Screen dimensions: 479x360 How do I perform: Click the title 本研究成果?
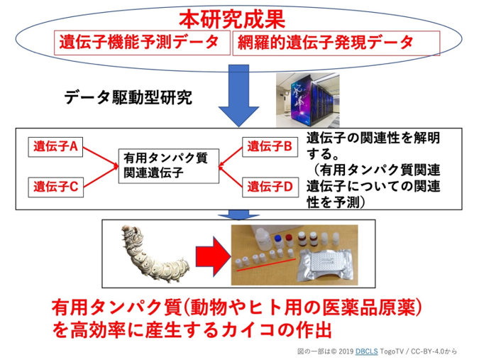click(232, 20)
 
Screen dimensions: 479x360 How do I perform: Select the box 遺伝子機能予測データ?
click(142, 43)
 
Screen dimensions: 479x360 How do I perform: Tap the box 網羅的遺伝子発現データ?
click(336, 43)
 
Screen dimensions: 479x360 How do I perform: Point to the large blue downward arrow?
click(238, 96)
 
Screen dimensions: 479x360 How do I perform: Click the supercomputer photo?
click(307, 100)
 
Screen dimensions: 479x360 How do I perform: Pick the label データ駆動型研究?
click(128, 98)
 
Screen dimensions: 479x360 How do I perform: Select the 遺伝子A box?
click(55, 147)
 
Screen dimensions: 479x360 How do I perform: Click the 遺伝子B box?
click(270, 147)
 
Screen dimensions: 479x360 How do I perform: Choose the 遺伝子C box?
click(55, 187)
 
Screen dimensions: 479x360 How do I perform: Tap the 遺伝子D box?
click(270, 187)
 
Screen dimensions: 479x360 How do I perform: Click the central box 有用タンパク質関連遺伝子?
click(169, 166)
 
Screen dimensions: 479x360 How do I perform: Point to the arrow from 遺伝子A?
click(101, 157)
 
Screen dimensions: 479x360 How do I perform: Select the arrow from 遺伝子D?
click(231, 176)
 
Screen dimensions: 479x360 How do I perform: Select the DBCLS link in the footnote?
click(367, 351)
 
